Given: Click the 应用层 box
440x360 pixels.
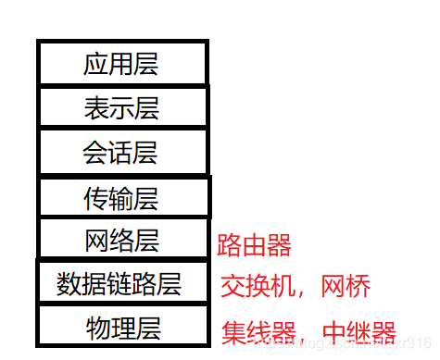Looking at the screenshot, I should pos(121,63).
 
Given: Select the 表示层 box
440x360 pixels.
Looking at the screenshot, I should pos(121,107).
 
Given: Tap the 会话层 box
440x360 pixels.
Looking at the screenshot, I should pos(121,152).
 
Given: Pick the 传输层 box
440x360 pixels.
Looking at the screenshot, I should pos(121,197).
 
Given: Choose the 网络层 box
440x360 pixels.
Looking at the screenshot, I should pos(121,240).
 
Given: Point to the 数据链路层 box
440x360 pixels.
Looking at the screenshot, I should pos(121,283).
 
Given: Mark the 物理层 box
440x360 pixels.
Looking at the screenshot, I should pos(121,327).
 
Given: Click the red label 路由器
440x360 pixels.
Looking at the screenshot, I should pos(254,246).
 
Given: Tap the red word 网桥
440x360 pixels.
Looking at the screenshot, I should pos(346,287).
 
